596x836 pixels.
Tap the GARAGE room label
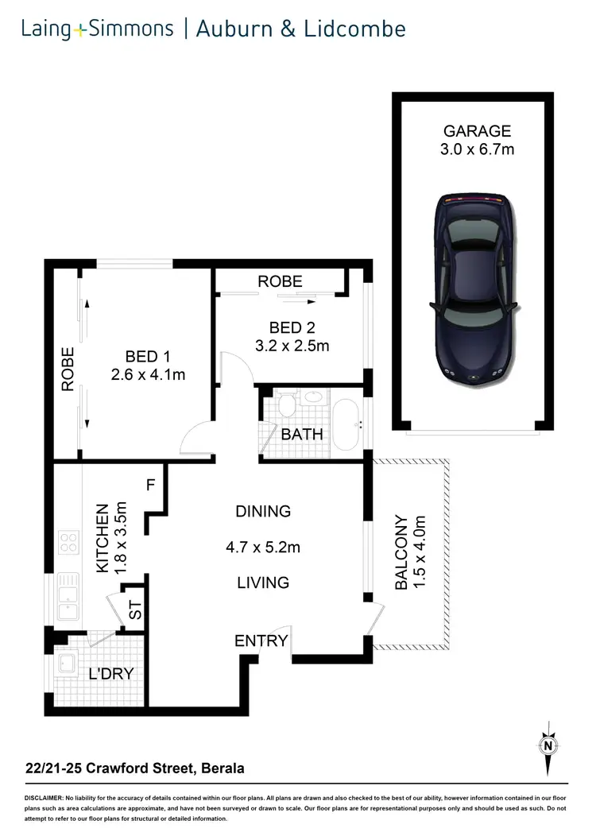tap(477, 131)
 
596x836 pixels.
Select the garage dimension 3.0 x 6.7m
tap(477, 149)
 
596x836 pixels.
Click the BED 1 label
tap(148, 357)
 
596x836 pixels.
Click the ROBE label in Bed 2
tap(281, 281)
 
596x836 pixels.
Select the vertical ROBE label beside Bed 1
tap(68, 369)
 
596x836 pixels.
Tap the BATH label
tap(302, 434)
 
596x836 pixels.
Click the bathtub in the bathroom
tap(346, 424)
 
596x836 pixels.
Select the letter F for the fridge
tap(149, 483)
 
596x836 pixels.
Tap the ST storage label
tap(135, 611)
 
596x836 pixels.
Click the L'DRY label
tap(110, 674)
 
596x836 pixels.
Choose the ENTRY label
tap(261, 641)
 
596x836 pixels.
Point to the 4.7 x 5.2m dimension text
tap(263, 547)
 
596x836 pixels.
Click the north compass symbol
tap(548, 745)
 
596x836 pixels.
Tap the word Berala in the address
tap(222, 768)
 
